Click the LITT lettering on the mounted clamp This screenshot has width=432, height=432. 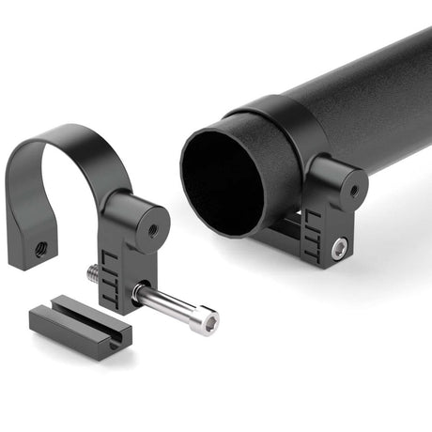(x=312, y=227)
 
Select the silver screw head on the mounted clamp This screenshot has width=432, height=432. (x=339, y=247)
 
